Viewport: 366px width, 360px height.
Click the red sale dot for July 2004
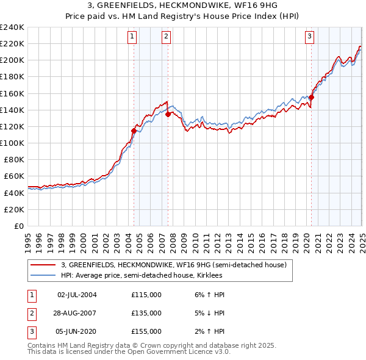134,130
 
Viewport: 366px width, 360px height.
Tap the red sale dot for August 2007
168,113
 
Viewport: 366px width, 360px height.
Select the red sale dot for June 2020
311,97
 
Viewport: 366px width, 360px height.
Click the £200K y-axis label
12,60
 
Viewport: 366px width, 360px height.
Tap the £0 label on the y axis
18,226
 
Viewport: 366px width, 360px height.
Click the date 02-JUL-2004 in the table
77,295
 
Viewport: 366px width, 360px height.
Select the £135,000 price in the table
146,313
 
